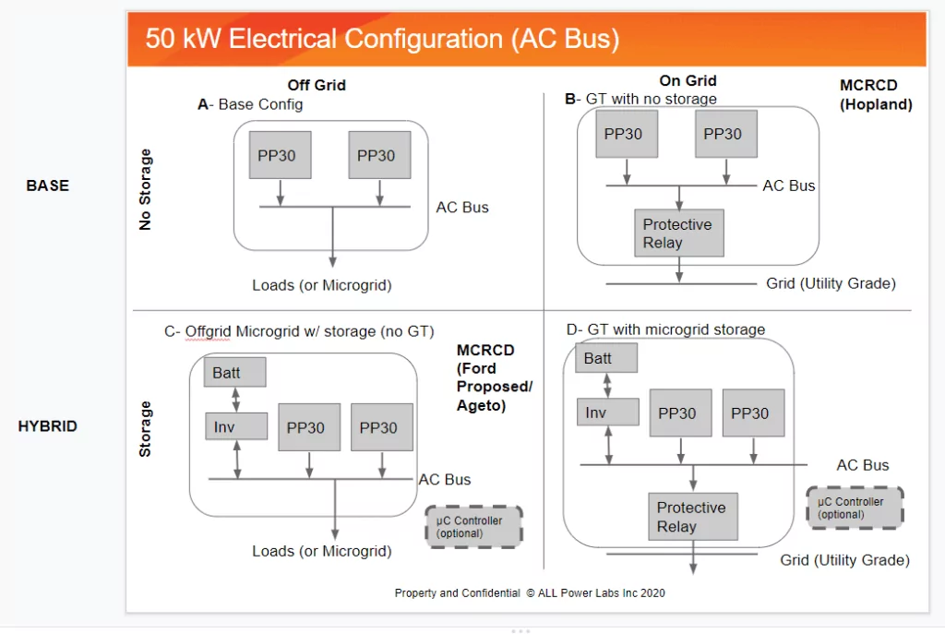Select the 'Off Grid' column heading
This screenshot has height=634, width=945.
[x=317, y=85]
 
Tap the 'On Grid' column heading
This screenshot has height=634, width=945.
[x=688, y=81]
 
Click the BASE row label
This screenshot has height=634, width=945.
[x=48, y=185]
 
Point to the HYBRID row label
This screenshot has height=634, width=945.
[x=48, y=426]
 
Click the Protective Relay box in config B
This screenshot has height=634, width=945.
[x=679, y=233]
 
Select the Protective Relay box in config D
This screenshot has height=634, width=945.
[x=693, y=517]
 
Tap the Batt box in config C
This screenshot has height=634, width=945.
[x=234, y=373]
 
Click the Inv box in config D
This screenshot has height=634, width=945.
[x=607, y=413]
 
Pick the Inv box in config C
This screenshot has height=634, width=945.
[x=236, y=426]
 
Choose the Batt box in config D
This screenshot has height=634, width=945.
[x=606, y=358]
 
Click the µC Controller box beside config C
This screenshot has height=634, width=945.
[x=473, y=527]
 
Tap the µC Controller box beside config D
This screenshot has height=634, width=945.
[x=855, y=508]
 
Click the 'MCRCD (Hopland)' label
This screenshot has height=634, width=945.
[x=876, y=95]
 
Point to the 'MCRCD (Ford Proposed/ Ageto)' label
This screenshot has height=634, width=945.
[x=495, y=377]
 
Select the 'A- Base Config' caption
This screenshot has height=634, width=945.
[x=250, y=104]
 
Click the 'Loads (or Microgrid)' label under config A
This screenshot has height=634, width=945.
[x=322, y=285]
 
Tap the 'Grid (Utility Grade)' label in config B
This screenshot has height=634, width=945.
[x=831, y=283]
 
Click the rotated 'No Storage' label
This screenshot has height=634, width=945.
[x=145, y=189]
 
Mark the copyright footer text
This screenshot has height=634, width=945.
[x=530, y=593]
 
